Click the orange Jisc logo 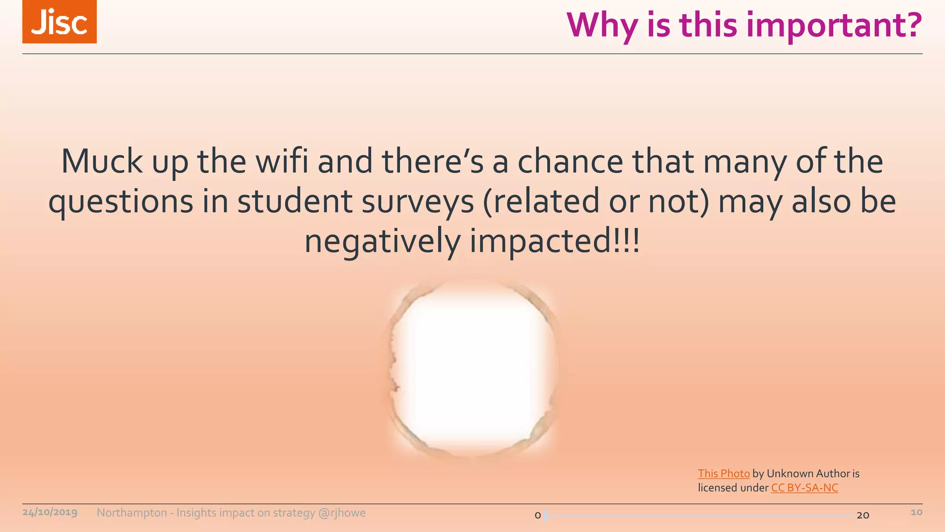point(60,22)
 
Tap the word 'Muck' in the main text point(102,162)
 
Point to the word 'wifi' point(281,162)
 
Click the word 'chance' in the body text point(570,162)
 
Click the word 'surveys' point(418,202)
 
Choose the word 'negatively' point(382,242)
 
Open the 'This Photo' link point(724,473)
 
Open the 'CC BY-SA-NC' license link point(804,488)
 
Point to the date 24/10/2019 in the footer point(50,513)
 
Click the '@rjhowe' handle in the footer point(342,513)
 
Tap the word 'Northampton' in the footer point(132,513)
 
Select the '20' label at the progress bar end point(863,515)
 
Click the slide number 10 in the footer point(916,512)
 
